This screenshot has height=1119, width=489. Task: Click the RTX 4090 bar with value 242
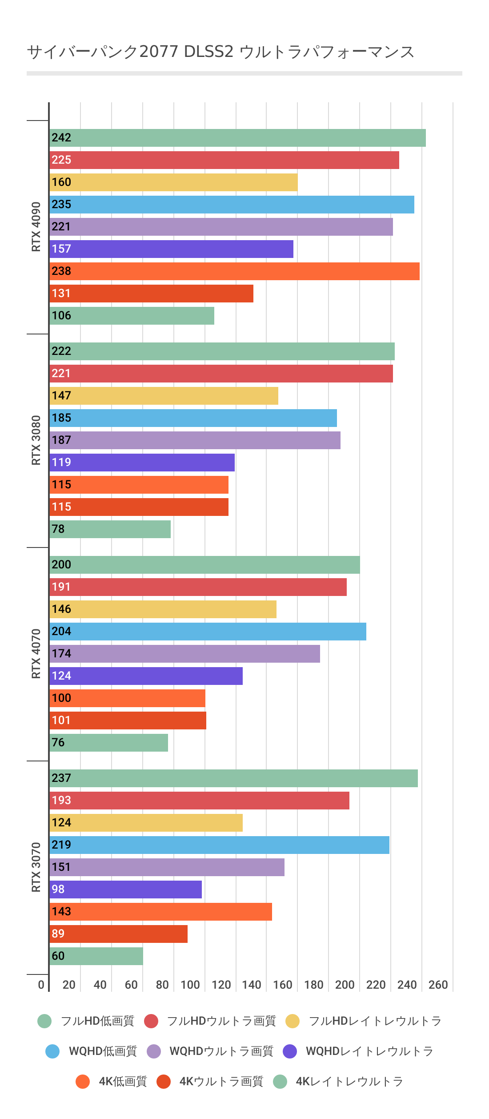(237, 138)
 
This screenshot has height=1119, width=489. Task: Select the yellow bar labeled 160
(173, 182)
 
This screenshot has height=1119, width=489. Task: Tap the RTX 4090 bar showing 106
(132, 316)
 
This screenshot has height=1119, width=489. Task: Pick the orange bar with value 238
(234, 271)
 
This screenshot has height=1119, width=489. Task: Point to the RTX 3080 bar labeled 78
(110, 529)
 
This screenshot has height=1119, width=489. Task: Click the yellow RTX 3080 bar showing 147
(164, 396)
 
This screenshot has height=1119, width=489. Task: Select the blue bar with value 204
(208, 632)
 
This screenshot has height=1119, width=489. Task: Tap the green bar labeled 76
(108, 743)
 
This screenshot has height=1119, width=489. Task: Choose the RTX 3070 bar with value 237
(233, 778)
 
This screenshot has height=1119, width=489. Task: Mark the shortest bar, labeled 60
(96, 956)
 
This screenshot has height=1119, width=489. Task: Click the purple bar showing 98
(125, 890)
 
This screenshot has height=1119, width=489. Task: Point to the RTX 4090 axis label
(36, 227)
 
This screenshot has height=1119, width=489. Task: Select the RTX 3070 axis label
(36, 867)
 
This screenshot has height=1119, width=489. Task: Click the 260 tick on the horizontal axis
(438, 985)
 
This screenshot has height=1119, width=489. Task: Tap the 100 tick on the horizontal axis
(190, 985)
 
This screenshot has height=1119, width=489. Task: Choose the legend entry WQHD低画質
(103, 1051)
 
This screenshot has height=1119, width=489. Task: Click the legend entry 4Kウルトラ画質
(221, 1082)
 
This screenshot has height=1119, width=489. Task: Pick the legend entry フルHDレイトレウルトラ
(374, 1021)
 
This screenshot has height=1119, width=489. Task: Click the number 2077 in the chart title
(159, 52)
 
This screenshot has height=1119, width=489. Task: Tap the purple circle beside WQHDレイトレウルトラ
(290, 1051)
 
